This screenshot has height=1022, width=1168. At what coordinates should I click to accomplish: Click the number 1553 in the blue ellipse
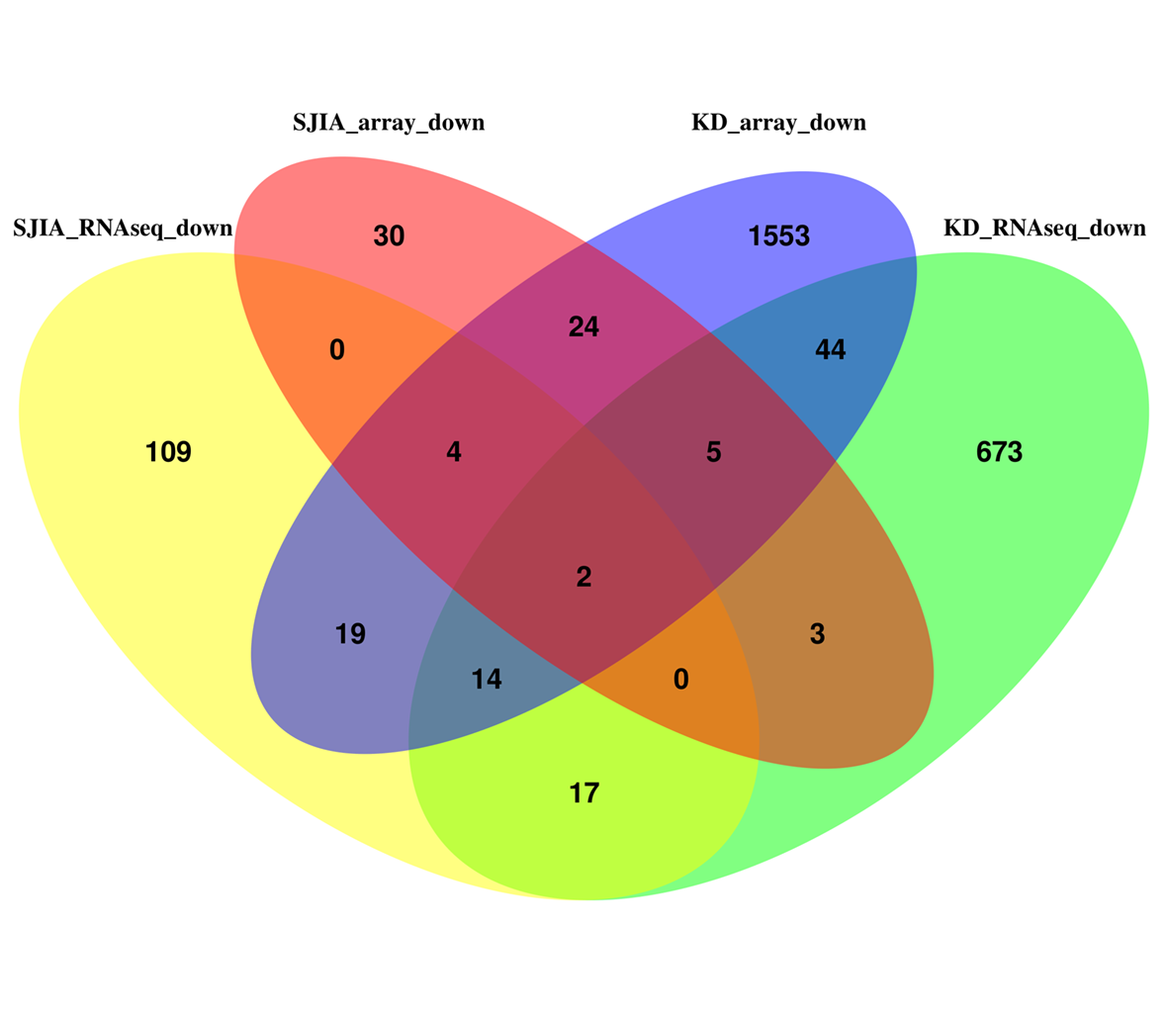[778, 236]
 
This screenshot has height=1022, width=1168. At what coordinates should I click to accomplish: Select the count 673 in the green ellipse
[998, 452]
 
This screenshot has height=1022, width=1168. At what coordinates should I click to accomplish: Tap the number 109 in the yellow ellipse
[168, 452]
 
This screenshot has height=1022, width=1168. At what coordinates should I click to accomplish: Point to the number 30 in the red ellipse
[389, 236]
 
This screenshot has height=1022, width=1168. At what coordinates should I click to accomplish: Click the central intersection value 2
[584, 577]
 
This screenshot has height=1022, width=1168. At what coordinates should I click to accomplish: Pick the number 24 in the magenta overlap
[584, 326]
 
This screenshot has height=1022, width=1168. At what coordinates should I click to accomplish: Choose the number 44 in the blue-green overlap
[830, 349]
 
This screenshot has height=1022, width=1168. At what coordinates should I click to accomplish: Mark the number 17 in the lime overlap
[584, 793]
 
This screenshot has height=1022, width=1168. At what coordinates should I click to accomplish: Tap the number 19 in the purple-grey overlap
[350, 633]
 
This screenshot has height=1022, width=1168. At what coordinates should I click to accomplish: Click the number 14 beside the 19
[486, 679]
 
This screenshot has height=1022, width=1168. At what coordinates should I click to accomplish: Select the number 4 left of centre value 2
[453, 452]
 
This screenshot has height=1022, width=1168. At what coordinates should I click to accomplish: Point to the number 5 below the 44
[713, 452]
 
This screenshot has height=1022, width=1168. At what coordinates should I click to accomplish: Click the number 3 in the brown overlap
[817, 633]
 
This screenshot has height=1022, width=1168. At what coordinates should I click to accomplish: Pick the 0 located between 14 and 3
[680, 679]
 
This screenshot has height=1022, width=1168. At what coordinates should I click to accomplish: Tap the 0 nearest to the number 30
[336, 349]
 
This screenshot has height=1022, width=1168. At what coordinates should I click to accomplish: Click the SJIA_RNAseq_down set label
[123, 229]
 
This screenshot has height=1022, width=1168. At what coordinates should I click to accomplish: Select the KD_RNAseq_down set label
[1044, 229]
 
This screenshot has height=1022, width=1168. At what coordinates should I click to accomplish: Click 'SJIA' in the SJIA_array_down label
[317, 123]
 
